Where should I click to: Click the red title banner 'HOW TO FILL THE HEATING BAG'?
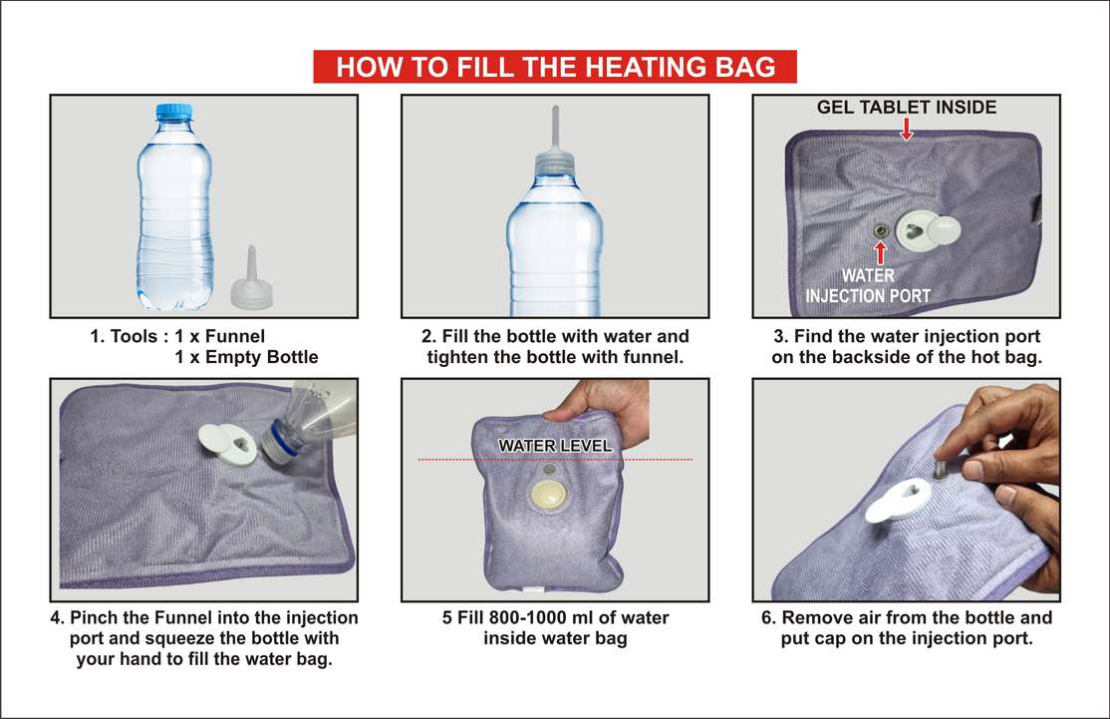point(555,67)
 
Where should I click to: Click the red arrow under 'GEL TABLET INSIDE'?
point(906,129)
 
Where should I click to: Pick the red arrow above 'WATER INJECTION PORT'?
point(880,253)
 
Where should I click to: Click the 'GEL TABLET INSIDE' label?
point(906,107)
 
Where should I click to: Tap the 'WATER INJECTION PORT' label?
point(868,285)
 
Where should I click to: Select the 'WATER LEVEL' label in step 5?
point(555,446)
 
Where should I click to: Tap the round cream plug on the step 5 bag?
point(549,495)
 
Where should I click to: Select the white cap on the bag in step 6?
point(897,499)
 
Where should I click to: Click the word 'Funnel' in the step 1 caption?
point(235,336)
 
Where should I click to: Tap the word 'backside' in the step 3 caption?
point(869,357)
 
